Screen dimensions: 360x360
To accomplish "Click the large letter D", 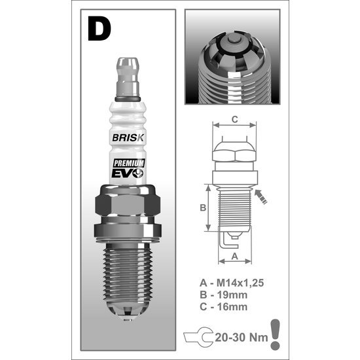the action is point(99,29).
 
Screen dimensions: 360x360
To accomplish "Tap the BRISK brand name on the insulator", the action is point(128,137).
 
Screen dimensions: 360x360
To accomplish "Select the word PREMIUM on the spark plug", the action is point(129,163).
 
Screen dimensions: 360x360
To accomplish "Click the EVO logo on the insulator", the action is point(128,173).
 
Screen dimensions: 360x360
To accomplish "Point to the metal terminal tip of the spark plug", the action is point(128,77).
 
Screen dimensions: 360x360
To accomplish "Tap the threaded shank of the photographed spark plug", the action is point(128,272).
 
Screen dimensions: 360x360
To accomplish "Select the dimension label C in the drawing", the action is point(234,119).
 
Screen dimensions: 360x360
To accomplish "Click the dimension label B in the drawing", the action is point(203,207).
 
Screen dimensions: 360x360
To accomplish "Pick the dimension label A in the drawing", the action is point(234,256).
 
